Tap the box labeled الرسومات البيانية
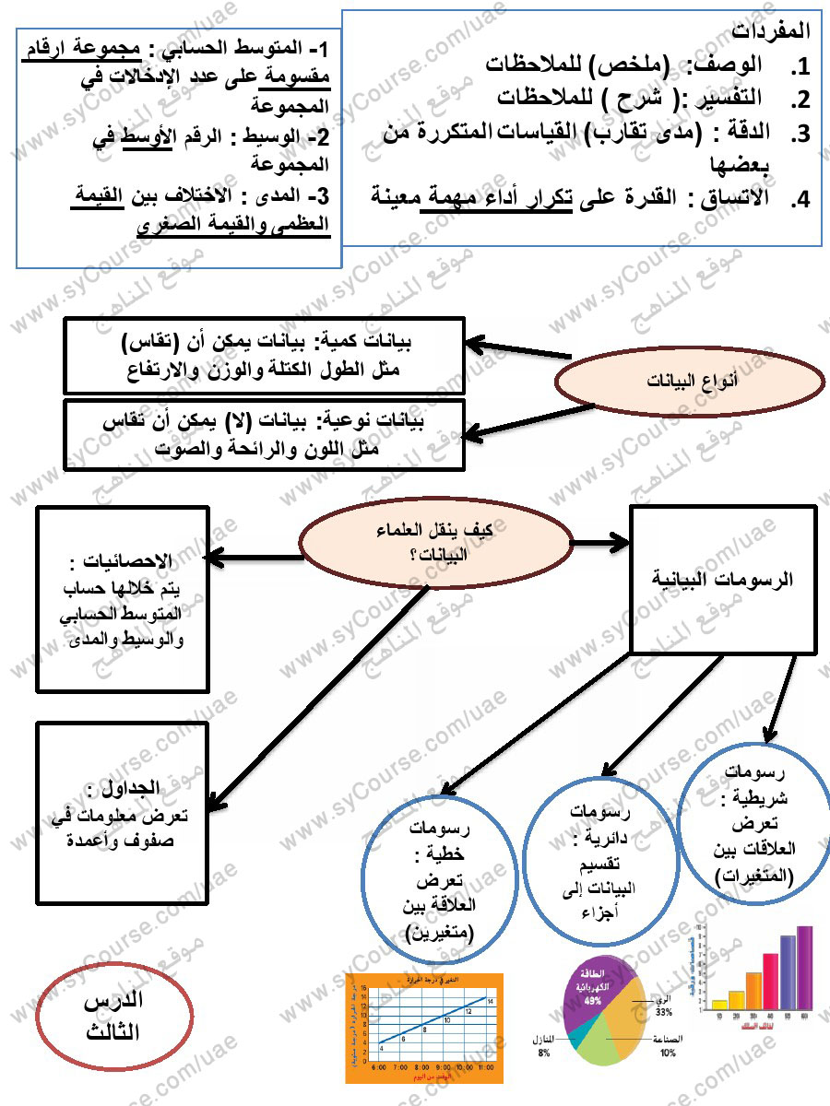[722, 581]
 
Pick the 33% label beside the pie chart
[663, 1012]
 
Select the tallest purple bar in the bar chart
[804, 967]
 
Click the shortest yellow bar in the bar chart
[719, 1004]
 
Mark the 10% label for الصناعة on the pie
[668, 1053]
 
